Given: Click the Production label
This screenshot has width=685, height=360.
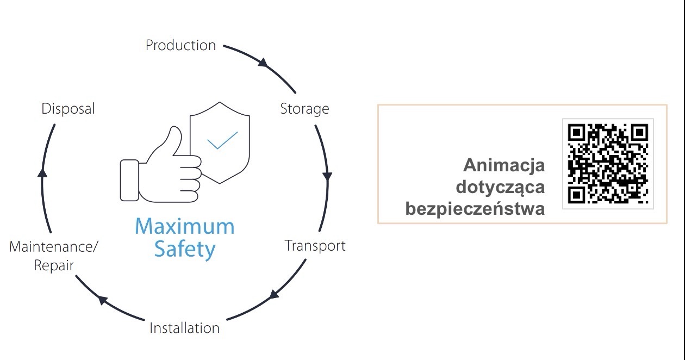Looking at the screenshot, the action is point(180,45).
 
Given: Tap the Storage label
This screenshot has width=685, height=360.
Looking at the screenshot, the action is point(304,109).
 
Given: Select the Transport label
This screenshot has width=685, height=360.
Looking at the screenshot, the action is point(315,246).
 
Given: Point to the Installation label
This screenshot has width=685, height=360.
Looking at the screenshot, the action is point(185,328).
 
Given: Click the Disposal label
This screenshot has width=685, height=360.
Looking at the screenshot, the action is point(68,109).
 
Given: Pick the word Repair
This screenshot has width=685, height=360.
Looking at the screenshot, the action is point(54,266).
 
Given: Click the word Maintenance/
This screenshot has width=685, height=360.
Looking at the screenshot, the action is point(54,246).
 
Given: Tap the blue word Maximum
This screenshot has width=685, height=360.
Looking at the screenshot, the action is point(185,226).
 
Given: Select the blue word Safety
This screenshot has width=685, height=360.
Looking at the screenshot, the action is point(185,250).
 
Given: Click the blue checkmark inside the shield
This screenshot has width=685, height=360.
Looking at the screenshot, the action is point(222,140).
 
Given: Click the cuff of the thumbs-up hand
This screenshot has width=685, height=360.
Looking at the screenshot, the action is point(129,181).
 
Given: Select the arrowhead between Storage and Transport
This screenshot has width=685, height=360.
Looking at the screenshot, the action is point(327,176).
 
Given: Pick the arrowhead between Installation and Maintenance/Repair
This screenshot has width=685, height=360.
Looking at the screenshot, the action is point(103,300).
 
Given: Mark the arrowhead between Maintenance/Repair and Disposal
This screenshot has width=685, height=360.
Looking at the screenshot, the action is point(42,173).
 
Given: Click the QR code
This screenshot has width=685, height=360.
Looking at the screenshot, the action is point(608,164).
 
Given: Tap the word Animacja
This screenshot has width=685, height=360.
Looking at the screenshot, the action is point(504,165).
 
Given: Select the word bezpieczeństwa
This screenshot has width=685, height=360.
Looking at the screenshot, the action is point(475,209).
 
